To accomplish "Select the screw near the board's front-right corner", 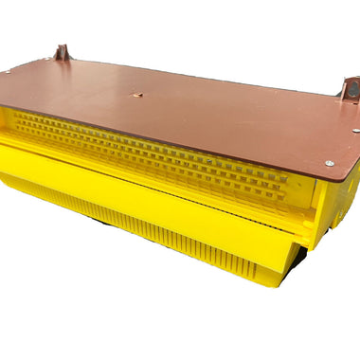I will (329, 163).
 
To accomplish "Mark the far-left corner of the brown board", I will (2, 73).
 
